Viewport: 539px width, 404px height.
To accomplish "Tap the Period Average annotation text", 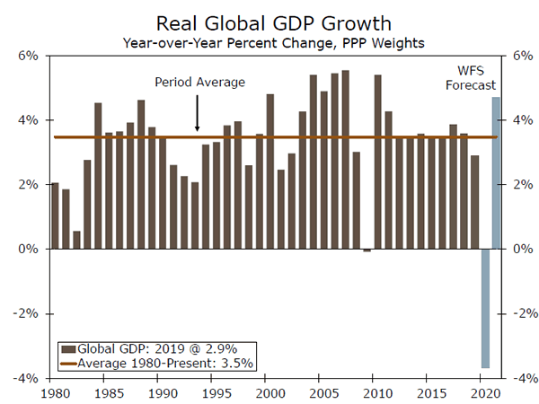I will tap(199, 83).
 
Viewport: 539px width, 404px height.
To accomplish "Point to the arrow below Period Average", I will tap(198, 115).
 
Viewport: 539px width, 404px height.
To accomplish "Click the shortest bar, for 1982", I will tap(76, 240).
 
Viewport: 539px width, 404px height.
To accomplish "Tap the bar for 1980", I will tap(55, 215).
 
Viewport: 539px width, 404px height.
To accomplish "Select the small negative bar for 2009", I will tap(367, 250).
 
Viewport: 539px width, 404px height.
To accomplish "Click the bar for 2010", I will tap(377, 162).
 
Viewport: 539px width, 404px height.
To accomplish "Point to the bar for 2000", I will tap(269, 171).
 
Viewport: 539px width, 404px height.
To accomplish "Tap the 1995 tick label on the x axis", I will tap(216, 393).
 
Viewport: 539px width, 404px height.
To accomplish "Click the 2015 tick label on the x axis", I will tap(431, 393).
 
